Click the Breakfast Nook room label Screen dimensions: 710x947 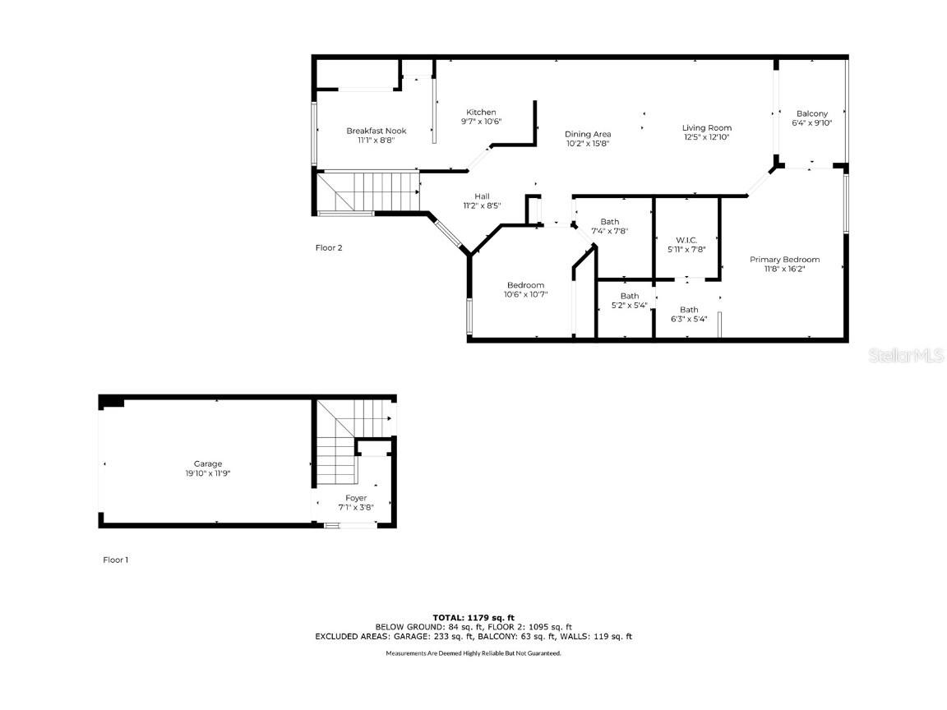pos(376,131)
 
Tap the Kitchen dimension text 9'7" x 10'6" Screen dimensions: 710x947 pos(481,122)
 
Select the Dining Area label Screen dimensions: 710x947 pos(588,134)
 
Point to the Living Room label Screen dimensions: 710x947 pos(706,127)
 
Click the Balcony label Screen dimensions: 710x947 pos(811,113)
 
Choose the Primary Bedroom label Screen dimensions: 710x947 pos(784,260)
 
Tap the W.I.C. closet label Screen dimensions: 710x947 pos(686,240)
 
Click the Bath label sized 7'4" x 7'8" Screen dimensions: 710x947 pos(609,221)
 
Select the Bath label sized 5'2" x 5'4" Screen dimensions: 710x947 pos(630,296)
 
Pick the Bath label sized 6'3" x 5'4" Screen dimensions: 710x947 pos(688,310)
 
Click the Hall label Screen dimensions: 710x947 pos(482,196)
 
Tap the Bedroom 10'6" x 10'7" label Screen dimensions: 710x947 pos(525,285)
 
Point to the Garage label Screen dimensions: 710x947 pos(207,463)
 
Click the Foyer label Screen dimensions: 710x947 pos(356,498)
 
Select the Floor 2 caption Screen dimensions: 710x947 pos(329,247)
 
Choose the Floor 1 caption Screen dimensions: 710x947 pos(115,560)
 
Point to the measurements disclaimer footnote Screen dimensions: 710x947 pos(473,653)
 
